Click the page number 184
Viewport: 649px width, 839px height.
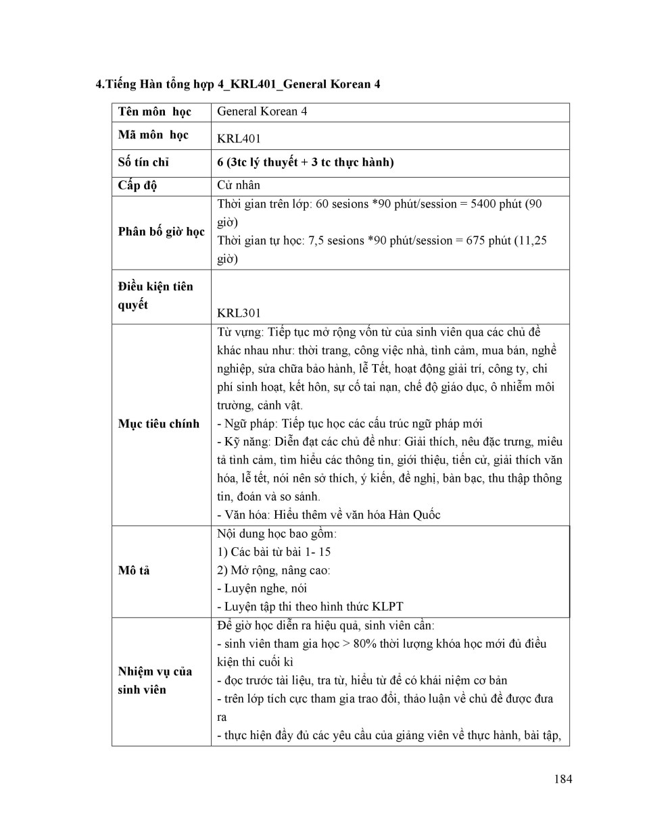coord(562,779)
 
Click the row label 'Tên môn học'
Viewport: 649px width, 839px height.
coord(154,112)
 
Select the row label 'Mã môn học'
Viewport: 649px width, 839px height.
coord(153,135)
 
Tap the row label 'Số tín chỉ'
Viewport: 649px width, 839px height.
coord(143,162)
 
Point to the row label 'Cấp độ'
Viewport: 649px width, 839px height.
coord(137,186)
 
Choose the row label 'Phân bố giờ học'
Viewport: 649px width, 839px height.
coord(161,232)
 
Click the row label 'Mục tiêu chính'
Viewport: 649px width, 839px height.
coord(159,424)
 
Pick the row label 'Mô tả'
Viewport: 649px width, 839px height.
coord(134,571)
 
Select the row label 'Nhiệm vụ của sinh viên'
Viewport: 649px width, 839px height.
coord(155,680)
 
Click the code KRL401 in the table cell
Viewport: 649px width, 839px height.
coord(239,139)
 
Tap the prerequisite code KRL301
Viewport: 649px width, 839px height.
coord(239,313)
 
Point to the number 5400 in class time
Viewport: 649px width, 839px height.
coord(483,204)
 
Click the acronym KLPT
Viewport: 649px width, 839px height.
coord(389,607)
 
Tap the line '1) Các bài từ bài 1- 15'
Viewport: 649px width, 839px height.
coord(274,552)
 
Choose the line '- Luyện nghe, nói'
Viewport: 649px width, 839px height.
coord(262,588)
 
